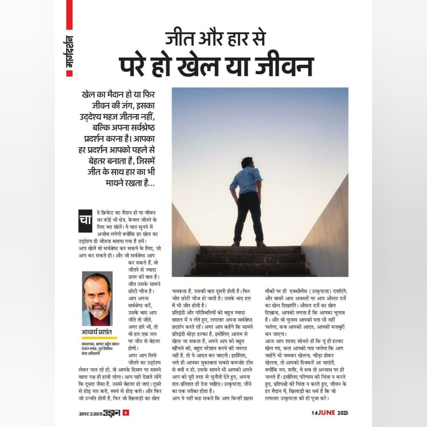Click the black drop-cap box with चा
click(x=85, y=221)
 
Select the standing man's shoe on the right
click(x=261, y=244)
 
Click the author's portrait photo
click(x=97, y=299)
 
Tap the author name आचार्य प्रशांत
click(x=97, y=332)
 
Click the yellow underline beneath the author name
click(x=99, y=338)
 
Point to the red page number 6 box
click(x=126, y=413)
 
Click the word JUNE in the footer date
click(x=326, y=413)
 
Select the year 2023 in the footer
click(x=343, y=413)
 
